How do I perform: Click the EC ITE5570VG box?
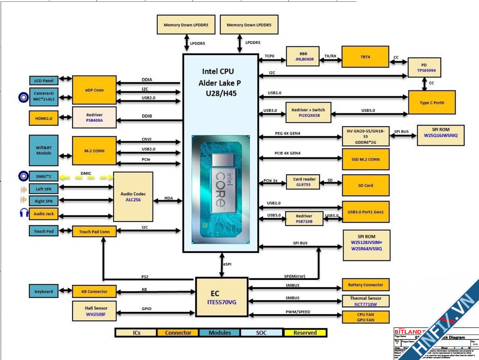221,297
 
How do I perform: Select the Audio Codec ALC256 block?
133,196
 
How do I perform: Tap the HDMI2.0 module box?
44,119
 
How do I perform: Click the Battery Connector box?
366,285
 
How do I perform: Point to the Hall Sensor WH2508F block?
94,311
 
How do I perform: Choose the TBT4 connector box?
365,56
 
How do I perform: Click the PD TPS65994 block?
425,67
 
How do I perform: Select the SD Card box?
366,185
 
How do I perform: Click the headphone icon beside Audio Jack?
23,213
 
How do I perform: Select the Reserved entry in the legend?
305,333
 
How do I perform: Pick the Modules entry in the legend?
220,333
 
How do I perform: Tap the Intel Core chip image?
220,189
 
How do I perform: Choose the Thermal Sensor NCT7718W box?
366,301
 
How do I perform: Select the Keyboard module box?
44,292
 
